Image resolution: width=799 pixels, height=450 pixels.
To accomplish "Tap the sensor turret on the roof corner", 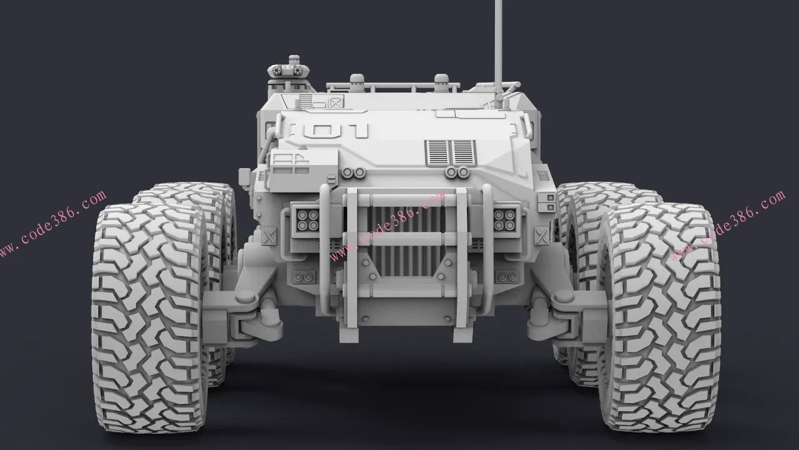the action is [x=290, y=71].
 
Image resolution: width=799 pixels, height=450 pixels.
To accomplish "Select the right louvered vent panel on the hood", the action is [x=463, y=152].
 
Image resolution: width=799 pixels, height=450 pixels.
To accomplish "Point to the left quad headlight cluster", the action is [x=308, y=220].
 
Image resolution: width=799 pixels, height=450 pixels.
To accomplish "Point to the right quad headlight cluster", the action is [x=505, y=220].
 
